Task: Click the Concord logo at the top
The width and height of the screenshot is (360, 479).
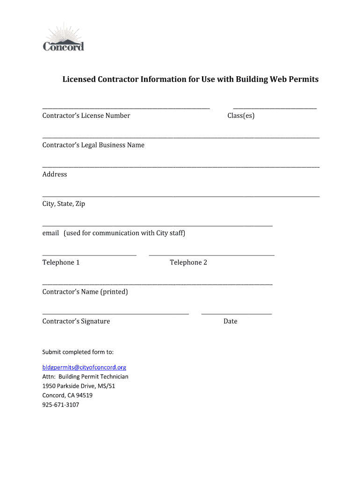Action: (63, 37)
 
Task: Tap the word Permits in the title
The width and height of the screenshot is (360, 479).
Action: (303, 80)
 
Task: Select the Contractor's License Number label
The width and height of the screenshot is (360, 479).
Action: (86, 116)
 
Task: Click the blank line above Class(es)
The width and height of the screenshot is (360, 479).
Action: (274, 108)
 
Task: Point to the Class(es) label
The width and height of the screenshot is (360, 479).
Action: (241, 116)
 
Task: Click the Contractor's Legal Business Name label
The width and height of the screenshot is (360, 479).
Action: (93, 145)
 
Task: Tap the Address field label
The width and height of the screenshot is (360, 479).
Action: (55, 174)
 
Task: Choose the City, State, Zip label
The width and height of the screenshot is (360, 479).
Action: (64, 204)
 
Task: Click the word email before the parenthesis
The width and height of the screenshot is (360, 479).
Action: (50, 233)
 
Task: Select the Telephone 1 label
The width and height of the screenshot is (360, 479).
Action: (61, 262)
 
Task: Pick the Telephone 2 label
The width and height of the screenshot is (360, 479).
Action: (188, 262)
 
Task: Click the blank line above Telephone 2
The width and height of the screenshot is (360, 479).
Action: (211, 255)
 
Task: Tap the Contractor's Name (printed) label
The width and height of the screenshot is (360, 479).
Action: (85, 292)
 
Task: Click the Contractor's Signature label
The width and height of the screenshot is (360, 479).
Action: (76, 321)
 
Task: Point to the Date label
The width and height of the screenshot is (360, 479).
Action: (230, 321)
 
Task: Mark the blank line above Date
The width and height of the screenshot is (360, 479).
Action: (236, 314)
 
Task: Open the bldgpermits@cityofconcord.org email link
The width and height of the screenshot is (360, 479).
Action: (84, 368)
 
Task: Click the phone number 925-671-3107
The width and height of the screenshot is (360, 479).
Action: (61, 405)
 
